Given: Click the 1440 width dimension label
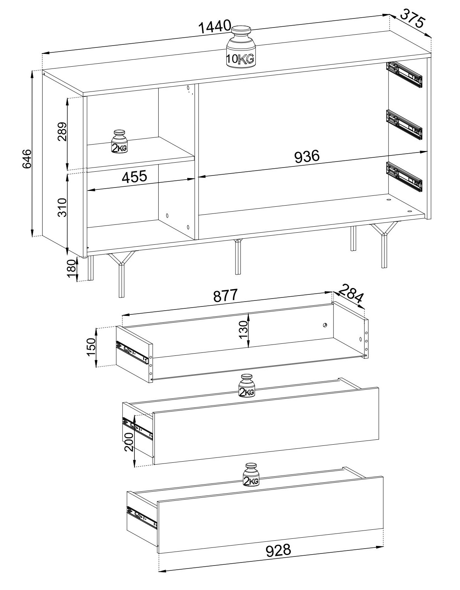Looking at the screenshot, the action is coord(214,27).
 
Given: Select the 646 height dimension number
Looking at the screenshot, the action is coord(27,159).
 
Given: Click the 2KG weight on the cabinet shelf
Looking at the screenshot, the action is coord(119,142).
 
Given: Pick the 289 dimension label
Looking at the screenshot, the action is coord(62,132).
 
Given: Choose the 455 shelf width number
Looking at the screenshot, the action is coord(134,177).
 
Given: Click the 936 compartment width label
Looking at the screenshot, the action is coord(307,157).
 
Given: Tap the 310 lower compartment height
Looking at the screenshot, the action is coord(62,207).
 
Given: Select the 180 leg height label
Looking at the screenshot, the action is coord(71,268).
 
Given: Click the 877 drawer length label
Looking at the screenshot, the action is coord(226,296).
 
